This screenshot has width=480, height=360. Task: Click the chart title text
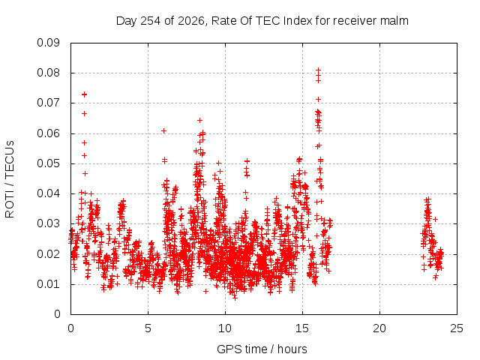(262, 21)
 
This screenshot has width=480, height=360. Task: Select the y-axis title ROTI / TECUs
(10, 179)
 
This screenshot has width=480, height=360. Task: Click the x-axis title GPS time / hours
(262, 349)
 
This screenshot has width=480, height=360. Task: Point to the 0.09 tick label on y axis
(48, 43)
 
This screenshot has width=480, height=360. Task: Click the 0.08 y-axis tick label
(48, 73)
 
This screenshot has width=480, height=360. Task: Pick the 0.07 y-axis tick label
(48, 103)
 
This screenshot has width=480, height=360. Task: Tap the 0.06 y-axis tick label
(48, 133)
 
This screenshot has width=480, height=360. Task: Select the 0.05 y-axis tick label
(48, 163)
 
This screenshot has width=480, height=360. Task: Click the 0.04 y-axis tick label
(48, 193)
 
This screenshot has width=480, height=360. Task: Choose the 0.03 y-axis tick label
(48, 223)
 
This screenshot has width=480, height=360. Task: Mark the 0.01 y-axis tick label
(48, 284)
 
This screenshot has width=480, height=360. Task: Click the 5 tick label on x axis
(148, 328)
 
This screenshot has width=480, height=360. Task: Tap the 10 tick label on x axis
(225, 328)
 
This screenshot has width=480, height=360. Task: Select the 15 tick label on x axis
(302, 328)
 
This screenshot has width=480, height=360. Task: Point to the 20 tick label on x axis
(379, 328)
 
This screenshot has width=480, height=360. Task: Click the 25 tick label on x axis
(457, 328)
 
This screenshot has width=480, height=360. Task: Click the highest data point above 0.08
(318, 70)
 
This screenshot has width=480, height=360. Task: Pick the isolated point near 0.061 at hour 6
(163, 131)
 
